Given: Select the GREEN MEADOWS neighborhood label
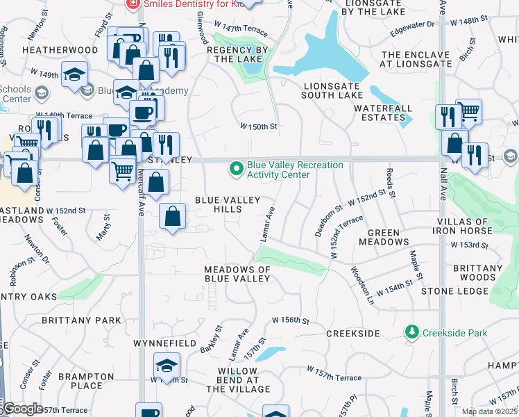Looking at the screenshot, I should [384, 237].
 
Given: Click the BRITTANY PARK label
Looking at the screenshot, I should [81, 320].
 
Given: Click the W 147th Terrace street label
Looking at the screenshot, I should [240, 28].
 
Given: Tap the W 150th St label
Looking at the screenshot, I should [259, 126].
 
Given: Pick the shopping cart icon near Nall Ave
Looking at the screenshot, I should [469, 111].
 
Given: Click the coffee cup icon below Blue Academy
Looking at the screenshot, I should [144, 113].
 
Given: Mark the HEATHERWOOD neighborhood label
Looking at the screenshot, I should [50, 50].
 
